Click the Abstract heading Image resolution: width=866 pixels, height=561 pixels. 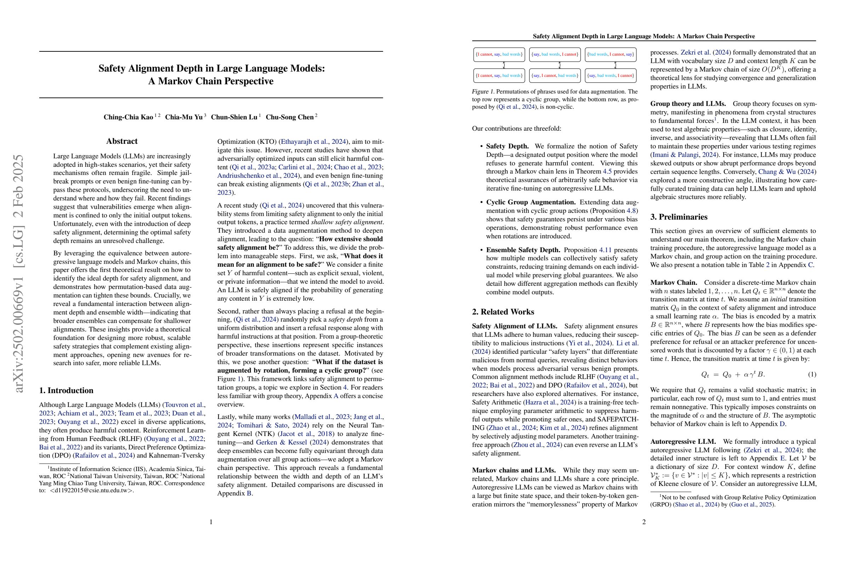pos(122,141)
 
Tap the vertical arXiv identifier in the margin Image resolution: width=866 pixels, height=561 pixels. pos(19,273)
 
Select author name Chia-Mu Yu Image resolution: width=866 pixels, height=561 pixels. pos(184,117)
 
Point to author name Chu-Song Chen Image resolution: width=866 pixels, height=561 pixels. pos(290,117)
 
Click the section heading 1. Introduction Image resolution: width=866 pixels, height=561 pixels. pos(66,391)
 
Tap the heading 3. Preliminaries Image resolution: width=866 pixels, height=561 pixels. pos(679,217)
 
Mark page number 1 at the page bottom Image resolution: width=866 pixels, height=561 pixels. pos(211,522)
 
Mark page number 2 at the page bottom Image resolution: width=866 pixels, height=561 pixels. pos(644,522)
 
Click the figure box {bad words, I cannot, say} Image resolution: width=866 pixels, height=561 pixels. pos(611,55)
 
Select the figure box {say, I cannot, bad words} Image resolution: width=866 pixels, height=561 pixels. pos(555,76)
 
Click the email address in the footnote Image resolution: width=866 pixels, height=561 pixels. pos(92,490)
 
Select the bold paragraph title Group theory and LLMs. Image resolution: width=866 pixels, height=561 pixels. pos(688,104)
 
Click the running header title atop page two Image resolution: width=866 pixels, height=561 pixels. pos(644,36)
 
